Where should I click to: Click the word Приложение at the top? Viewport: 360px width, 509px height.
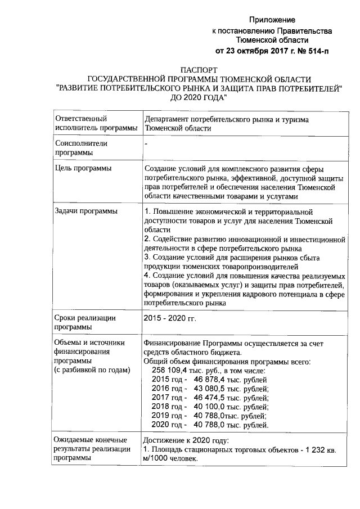pos(272,20)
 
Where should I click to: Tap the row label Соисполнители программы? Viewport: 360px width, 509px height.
pos(80,148)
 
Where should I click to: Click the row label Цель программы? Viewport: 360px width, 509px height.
pos(82,168)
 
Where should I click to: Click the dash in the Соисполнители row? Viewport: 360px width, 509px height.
pos(146,144)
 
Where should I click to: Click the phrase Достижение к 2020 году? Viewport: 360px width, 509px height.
pos(187,440)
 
